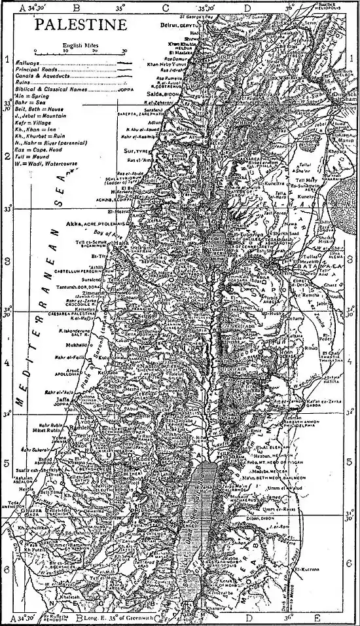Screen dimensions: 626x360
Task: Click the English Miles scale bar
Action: tap(79, 50)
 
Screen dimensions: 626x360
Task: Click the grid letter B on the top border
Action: tap(77, 8)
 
